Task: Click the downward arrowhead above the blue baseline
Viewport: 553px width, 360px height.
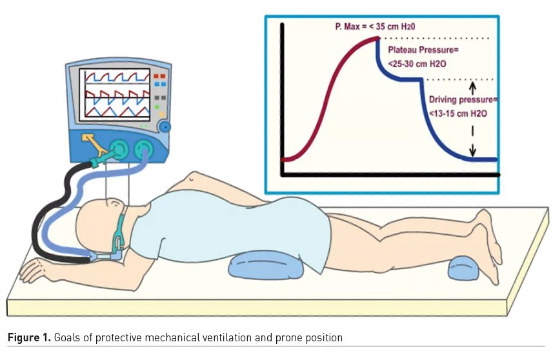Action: [x=473, y=152]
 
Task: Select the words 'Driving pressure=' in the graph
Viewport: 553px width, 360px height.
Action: [x=464, y=100]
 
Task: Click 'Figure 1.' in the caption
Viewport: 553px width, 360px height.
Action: [x=28, y=337]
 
